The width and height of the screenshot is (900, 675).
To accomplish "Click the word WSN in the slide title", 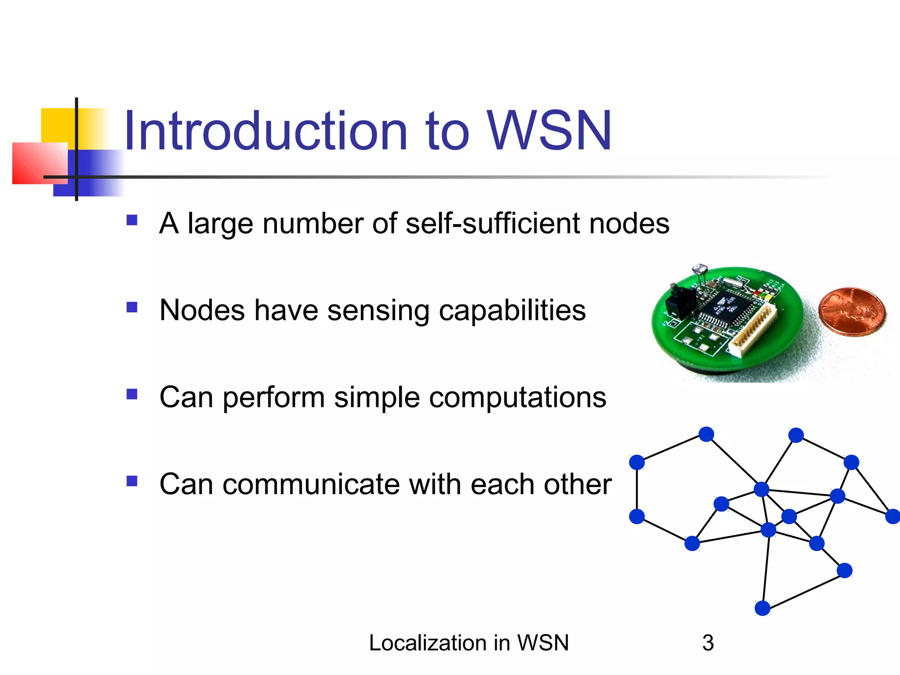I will click(549, 131).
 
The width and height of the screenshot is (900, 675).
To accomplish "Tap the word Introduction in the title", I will click(266, 131).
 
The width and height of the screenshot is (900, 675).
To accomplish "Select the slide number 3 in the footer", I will click(708, 643).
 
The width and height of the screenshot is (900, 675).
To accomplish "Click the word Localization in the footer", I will click(425, 643).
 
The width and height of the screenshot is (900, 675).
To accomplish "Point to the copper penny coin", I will click(852, 312).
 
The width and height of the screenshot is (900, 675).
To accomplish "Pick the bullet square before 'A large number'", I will click(132, 220).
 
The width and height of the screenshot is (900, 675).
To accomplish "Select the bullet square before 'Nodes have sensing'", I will click(132, 307).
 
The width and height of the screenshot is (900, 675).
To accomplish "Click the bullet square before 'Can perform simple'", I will click(132, 394).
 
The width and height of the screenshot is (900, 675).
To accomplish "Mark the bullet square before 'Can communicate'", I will click(132, 481).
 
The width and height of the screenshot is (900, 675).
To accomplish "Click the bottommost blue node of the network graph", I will click(762, 608).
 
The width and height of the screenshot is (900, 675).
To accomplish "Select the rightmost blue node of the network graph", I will click(893, 516).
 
